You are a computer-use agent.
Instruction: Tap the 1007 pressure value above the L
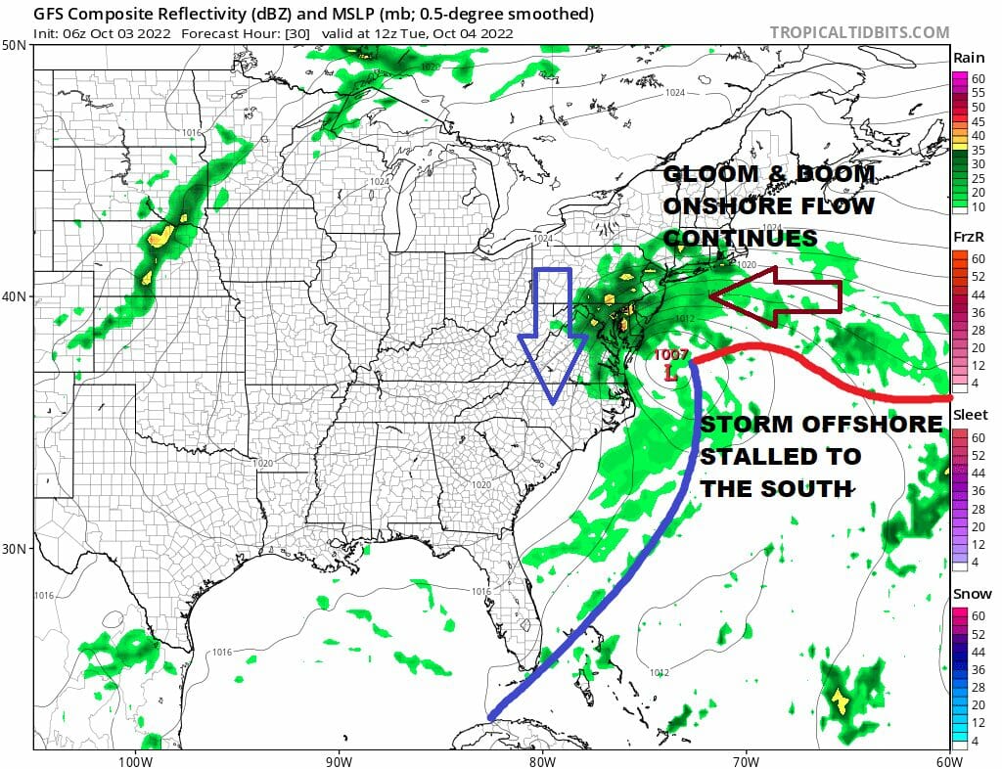(x=670, y=355)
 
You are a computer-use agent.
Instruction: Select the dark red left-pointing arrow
(x=775, y=296)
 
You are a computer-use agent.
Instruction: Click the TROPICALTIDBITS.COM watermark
(x=859, y=32)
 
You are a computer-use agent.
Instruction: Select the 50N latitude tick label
(x=15, y=46)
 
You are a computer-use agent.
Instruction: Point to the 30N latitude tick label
(x=15, y=548)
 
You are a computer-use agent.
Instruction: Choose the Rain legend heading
(x=971, y=58)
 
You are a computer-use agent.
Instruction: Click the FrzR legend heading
(x=971, y=237)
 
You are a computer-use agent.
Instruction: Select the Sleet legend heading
(x=971, y=416)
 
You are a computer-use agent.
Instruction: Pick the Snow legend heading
(x=971, y=594)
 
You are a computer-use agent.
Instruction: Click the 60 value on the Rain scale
(x=978, y=77)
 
